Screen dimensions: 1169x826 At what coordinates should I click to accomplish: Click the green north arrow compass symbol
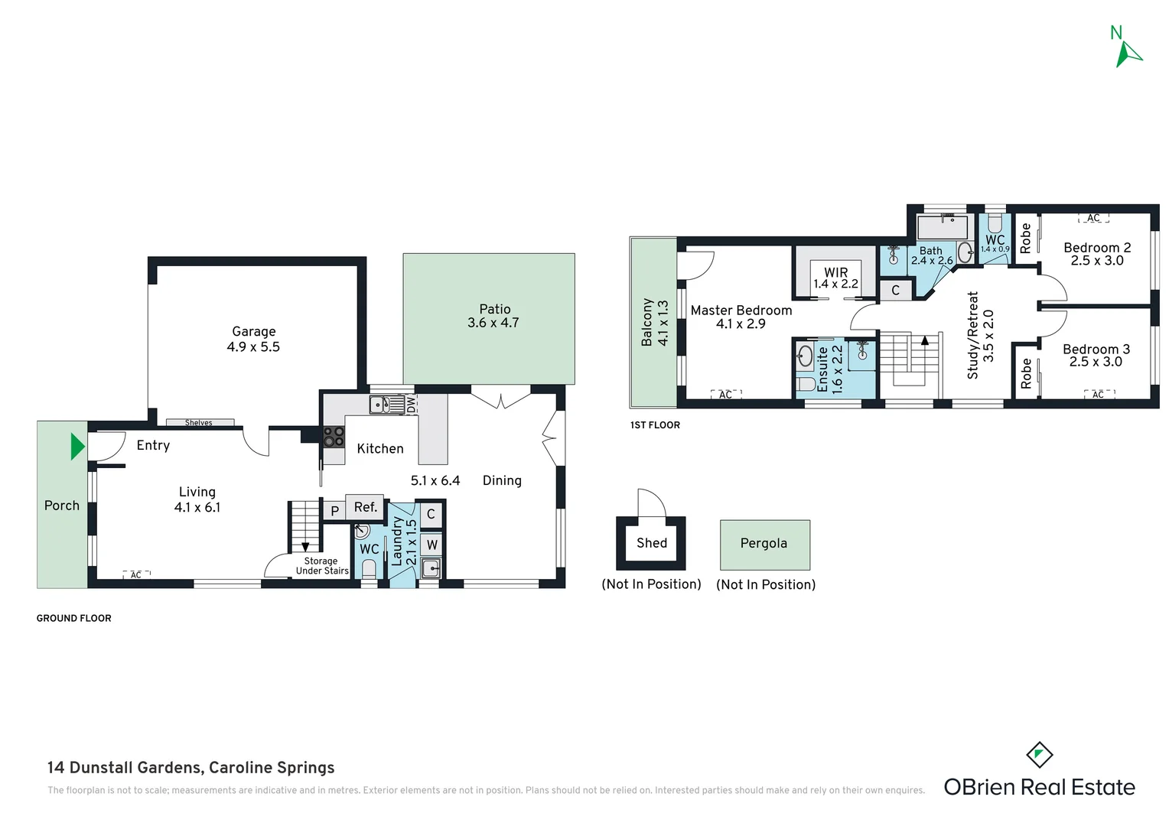click(1128, 55)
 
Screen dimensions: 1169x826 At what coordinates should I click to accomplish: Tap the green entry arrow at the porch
click(78, 447)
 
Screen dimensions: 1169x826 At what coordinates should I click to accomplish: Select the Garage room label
click(254, 331)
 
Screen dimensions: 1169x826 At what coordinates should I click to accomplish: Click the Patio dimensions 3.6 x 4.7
click(493, 323)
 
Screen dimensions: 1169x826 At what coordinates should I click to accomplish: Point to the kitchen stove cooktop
click(334, 437)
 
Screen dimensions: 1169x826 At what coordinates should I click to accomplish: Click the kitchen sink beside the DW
click(386, 405)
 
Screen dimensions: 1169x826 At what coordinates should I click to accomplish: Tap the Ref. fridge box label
click(366, 506)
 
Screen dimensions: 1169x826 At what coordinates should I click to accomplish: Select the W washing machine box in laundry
click(431, 545)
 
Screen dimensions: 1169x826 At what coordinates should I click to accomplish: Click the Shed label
click(652, 543)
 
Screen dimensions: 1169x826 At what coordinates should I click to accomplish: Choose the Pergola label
click(764, 544)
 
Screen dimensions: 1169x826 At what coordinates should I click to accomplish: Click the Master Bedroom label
click(741, 311)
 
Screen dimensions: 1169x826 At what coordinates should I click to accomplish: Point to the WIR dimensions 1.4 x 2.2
click(835, 284)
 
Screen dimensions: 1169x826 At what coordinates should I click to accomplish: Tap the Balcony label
click(647, 322)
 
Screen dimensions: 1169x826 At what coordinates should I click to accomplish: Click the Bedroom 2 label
click(1097, 248)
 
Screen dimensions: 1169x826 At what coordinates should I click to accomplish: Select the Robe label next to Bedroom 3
click(1026, 373)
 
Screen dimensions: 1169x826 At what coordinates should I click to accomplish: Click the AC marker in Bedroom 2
click(1093, 218)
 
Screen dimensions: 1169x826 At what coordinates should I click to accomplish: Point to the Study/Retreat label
click(973, 335)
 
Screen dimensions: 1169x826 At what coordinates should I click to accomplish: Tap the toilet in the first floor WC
click(995, 223)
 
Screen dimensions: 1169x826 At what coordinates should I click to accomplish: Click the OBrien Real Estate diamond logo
click(1040, 755)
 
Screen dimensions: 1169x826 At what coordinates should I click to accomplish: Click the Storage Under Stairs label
click(322, 566)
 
